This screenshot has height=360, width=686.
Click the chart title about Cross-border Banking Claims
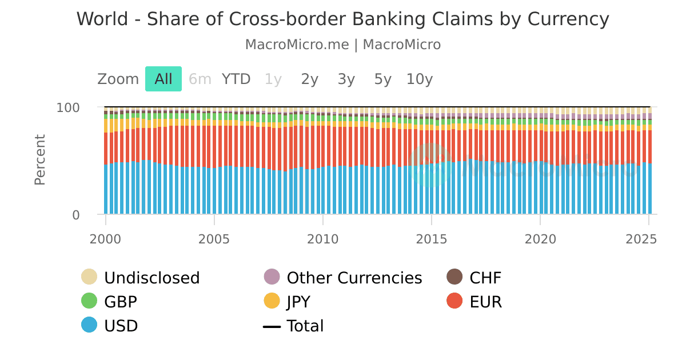coord(342,19)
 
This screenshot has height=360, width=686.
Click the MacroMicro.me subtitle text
coord(342,45)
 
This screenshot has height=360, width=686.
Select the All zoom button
coord(163,79)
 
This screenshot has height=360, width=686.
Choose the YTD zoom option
coord(236,79)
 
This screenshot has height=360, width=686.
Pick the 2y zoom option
coord(309,79)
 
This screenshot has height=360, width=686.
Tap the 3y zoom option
coord(346,79)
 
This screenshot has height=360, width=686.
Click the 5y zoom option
coord(382,79)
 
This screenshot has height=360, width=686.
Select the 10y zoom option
coord(419,79)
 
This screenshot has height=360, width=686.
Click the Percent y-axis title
coord(39,159)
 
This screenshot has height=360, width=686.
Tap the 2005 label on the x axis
coord(214,239)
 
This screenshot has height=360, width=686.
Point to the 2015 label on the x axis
coord(431,239)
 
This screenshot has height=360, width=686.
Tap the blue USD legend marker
coord(89,326)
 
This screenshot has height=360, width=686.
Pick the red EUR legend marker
coord(454,302)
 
